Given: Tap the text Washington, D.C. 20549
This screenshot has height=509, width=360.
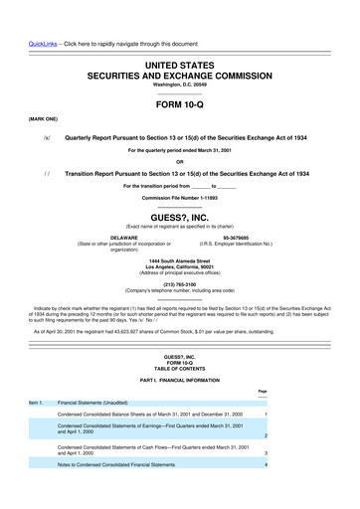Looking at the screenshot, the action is (x=179, y=61).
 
